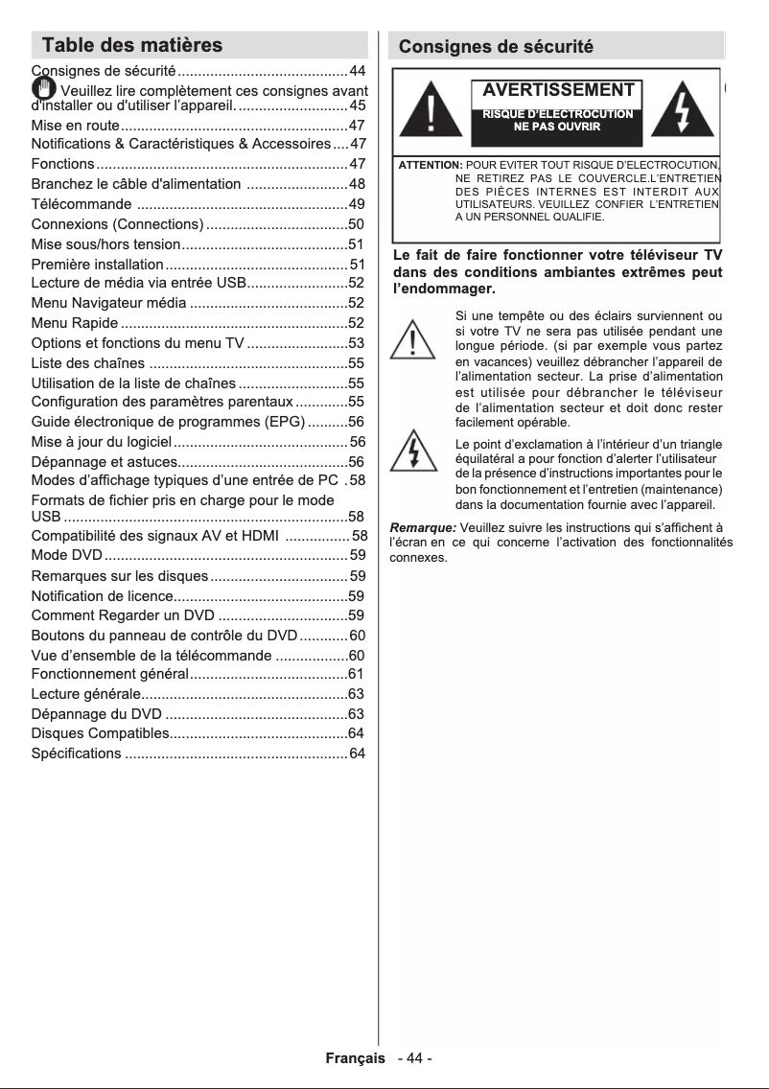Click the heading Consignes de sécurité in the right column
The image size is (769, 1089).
[x=496, y=47]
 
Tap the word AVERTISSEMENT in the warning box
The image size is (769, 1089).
[x=558, y=90]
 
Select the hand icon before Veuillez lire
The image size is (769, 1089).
[x=43, y=90]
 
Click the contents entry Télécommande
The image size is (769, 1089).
[x=82, y=204]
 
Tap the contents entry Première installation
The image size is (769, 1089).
[x=97, y=264]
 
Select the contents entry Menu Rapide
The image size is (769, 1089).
[x=75, y=323]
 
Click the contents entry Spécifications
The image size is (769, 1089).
[x=77, y=754]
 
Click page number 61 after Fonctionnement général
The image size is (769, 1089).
[x=356, y=675]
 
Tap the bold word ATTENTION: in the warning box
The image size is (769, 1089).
[x=431, y=167]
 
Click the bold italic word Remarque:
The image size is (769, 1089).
[x=423, y=527]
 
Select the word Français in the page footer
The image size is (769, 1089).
[x=356, y=1058]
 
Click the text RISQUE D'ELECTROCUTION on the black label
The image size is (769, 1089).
[x=556, y=114]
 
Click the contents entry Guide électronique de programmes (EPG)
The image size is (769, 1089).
[x=168, y=422]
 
